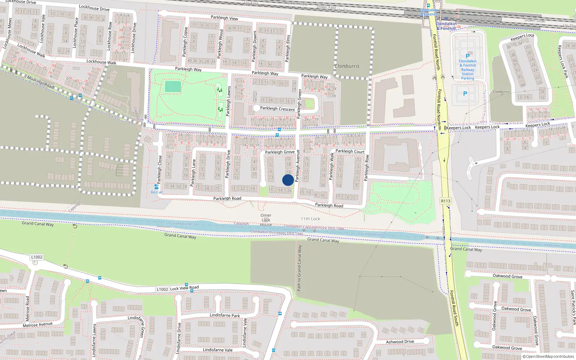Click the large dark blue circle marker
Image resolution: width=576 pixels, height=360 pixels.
[x=288, y=180]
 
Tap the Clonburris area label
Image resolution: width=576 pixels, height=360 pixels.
[x=347, y=66]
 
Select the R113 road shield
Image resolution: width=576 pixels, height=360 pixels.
[x=445, y=201]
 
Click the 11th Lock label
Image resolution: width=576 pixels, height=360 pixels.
[x=310, y=219]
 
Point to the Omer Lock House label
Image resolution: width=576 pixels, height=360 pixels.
[x=266, y=220]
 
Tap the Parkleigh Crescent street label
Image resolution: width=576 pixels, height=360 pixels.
[x=277, y=108]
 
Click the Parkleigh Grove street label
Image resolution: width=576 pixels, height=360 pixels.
[x=280, y=152]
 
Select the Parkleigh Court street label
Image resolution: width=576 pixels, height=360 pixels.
[x=350, y=151]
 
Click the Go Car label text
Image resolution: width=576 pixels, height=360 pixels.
[x=156, y=192]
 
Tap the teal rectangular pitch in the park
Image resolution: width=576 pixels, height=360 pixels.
[x=173, y=87]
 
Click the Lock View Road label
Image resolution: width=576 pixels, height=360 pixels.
[x=184, y=288]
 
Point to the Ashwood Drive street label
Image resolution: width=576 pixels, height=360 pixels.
[x=400, y=342]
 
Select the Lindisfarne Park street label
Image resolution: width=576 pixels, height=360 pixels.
[x=225, y=315]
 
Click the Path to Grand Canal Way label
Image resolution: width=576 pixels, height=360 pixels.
[x=299, y=268]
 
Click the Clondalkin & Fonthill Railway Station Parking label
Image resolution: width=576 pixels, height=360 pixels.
[x=468, y=69]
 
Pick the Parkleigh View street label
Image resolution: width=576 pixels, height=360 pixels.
[x=224, y=18]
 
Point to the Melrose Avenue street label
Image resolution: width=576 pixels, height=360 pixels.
[x=37, y=325]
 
